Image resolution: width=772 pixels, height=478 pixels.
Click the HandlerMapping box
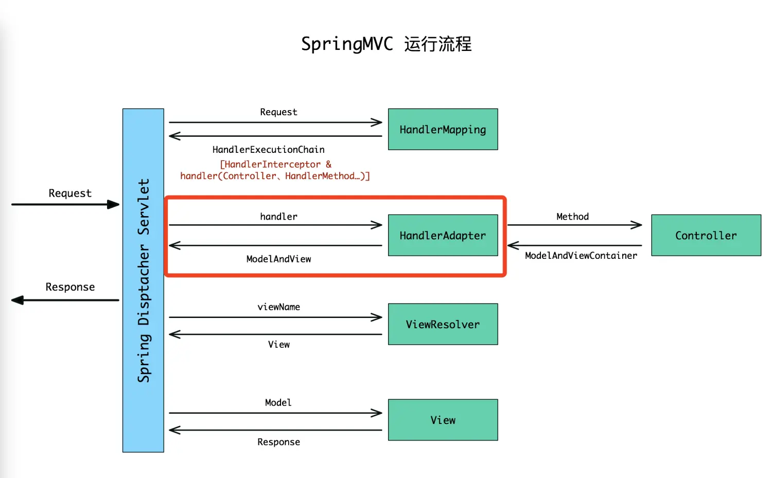click(x=443, y=129)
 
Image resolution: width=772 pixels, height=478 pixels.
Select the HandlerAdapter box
click(x=443, y=235)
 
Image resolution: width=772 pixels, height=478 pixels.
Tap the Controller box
click(x=706, y=235)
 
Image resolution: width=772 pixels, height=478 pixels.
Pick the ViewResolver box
click(x=443, y=324)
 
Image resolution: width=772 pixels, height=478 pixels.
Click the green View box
click(x=443, y=420)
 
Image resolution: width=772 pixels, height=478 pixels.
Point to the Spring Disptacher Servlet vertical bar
click(x=143, y=280)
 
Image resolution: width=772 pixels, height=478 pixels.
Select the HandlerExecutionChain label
click(x=268, y=150)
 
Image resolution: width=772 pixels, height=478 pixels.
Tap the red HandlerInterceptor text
click(x=275, y=165)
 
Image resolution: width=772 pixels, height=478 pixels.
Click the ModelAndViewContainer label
click(x=581, y=256)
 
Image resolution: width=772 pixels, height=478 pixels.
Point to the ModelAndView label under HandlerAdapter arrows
click(x=278, y=259)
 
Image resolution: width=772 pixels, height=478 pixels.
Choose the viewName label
click(x=278, y=307)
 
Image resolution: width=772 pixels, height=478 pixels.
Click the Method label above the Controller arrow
click(x=572, y=217)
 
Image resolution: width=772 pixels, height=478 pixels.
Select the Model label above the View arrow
click(x=278, y=402)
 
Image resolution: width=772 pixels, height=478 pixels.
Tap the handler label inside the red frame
click(x=278, y=217)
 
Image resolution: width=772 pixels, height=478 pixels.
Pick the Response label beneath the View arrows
click(x=278, y=442)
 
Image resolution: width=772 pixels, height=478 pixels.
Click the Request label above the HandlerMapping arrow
click(x=278, y=112)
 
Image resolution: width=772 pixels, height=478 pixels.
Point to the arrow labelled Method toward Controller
click(x=574, y=225)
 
